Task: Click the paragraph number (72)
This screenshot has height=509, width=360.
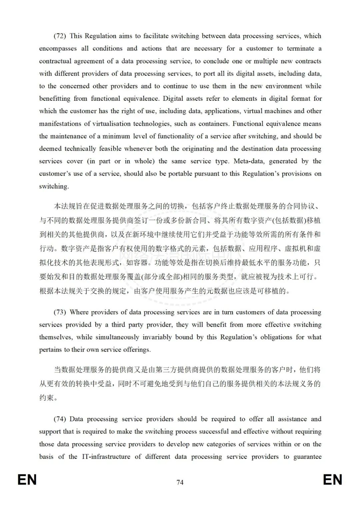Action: pyautogui.click(x=60, y=36)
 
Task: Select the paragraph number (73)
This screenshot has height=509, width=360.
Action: pyautogui.click(x=60, y=312)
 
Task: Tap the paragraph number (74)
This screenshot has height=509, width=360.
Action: pyautogui.click(x=60, y=419)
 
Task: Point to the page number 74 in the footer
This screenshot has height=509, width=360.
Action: pyautogui.click(x=180, y=482)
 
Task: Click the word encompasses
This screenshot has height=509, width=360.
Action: pyautogui.click(x=58, y=49)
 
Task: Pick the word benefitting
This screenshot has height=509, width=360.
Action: pyautogui.click(x=55, y=99)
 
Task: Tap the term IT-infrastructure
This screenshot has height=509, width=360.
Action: pyautogui.click(x=106, y=457)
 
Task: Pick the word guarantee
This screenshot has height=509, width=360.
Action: pyautogui.click(x=307, y=457)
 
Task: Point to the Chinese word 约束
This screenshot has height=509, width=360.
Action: pyautogui.click(x=47, y=398)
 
